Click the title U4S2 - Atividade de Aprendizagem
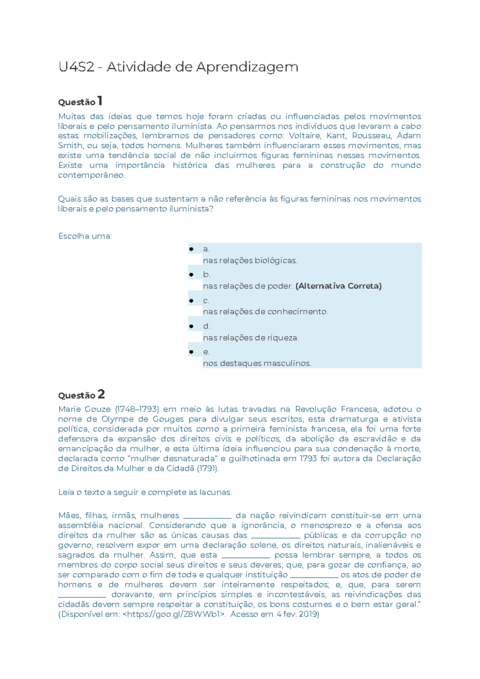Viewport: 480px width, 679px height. point(178,67)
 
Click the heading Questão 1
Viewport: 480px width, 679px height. point(80,101)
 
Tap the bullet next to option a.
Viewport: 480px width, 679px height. point(191,249)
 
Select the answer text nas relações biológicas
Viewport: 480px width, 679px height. point(250,261)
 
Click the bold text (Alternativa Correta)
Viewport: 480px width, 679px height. point(338,286)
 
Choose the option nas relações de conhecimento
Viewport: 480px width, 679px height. point(265,311)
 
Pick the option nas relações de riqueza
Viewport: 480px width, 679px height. point(251,337)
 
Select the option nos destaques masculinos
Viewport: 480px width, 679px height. point(257,363)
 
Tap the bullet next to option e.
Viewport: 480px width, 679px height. point(191,352)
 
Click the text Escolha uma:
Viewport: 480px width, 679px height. point(85,236)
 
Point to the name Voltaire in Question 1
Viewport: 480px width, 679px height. point(304,136)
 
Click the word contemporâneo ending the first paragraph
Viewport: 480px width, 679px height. point(92,175)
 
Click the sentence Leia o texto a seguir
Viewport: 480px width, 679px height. point(96,492)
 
